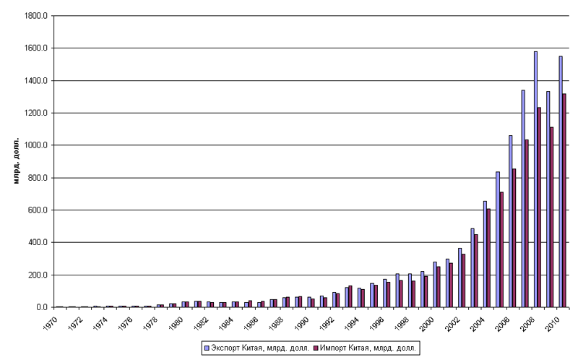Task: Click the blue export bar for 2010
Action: pyautogui.click(x=560, y=181)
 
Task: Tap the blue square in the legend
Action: pyautogui.click(x=207, y=348)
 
